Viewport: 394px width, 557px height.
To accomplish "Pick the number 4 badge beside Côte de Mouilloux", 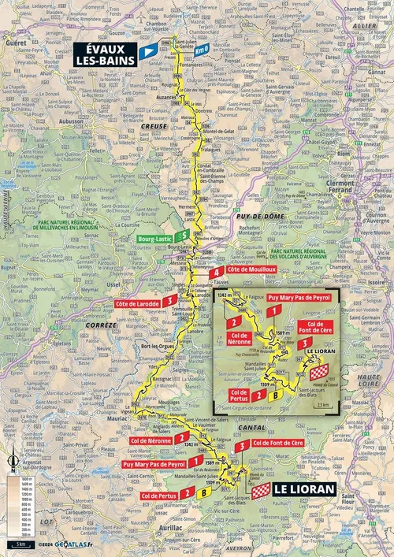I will [x=215, y=273].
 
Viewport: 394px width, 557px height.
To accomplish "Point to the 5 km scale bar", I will [x=19, y=544].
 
